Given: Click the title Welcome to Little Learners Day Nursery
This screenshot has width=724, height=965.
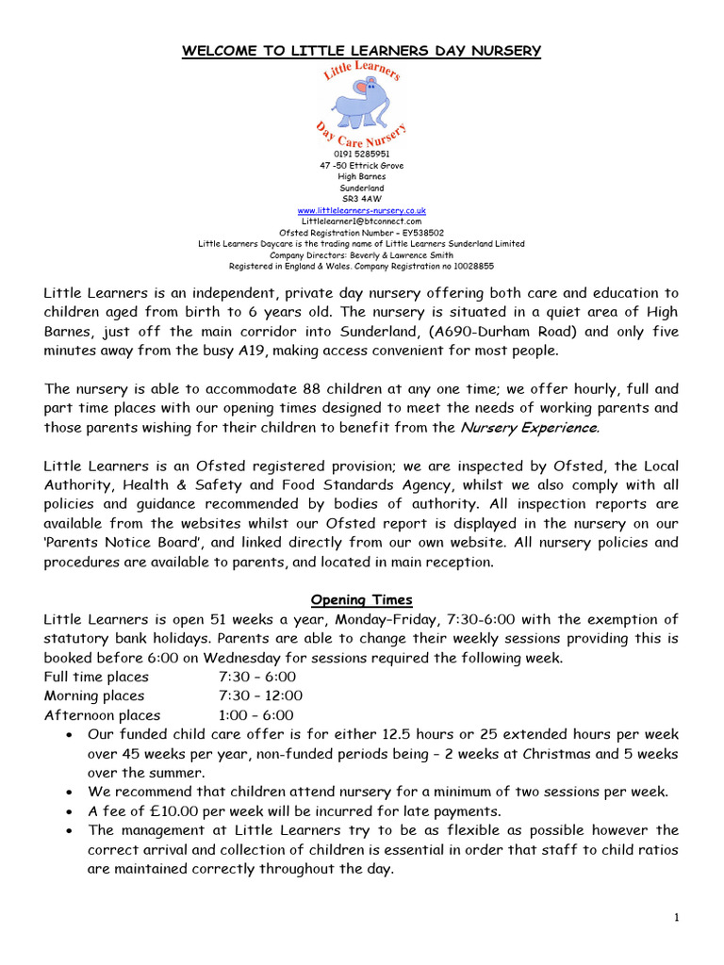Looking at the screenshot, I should tap(361, 51).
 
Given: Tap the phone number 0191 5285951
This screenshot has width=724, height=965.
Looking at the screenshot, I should tap(361, 154).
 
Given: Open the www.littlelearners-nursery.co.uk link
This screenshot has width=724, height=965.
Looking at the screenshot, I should tap(361, 210).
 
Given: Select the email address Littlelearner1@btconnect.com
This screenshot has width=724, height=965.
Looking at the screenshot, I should tap(361, 221).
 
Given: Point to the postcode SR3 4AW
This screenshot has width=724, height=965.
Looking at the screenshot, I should tap(361, 199).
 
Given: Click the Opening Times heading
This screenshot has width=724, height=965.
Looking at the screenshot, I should tap(361, 600).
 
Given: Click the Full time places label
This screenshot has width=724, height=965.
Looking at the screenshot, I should tap(96, 677).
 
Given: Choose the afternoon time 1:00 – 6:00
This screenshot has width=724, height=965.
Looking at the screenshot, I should tap(256, 715).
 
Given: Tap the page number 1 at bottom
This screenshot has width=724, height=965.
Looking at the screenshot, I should tap(677, 919).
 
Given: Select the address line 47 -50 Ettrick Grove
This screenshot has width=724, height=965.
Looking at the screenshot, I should tap(361, 165).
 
